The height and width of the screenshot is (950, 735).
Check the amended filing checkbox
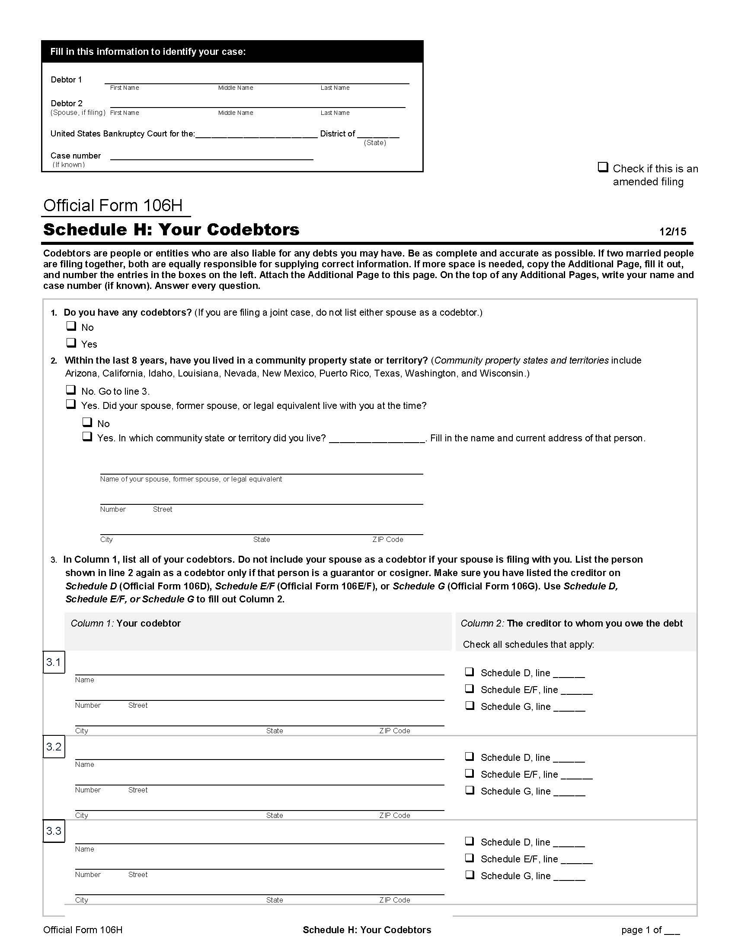(x=603, y=167)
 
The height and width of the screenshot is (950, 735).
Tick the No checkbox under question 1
(x=71, y=326)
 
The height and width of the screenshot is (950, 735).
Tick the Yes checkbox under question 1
(x=71, y=343)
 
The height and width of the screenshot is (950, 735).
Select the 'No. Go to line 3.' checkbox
(x=71, y=390)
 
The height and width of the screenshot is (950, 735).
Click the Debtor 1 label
(x=66, y=79)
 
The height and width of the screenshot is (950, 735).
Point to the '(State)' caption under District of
(x=374, y=142)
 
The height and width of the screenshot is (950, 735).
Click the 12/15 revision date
(x=672, y=231)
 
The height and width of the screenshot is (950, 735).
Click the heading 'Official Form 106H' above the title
(x=113, y=205)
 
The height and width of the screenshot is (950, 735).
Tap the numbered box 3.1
(x=54, y=662)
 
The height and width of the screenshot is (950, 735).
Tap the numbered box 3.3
(x=54, y=831)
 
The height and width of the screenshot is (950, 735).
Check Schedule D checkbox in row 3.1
(x=470, y=671)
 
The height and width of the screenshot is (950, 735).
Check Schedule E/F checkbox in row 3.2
(x=470, y=773)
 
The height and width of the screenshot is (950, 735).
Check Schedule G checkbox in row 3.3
(x=470, y=874)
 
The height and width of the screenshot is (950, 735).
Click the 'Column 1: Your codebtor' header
(x=126, y=623)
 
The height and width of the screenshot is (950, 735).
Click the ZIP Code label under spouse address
(x=387, y=539)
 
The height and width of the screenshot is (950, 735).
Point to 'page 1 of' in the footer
(x=641, y=930)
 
